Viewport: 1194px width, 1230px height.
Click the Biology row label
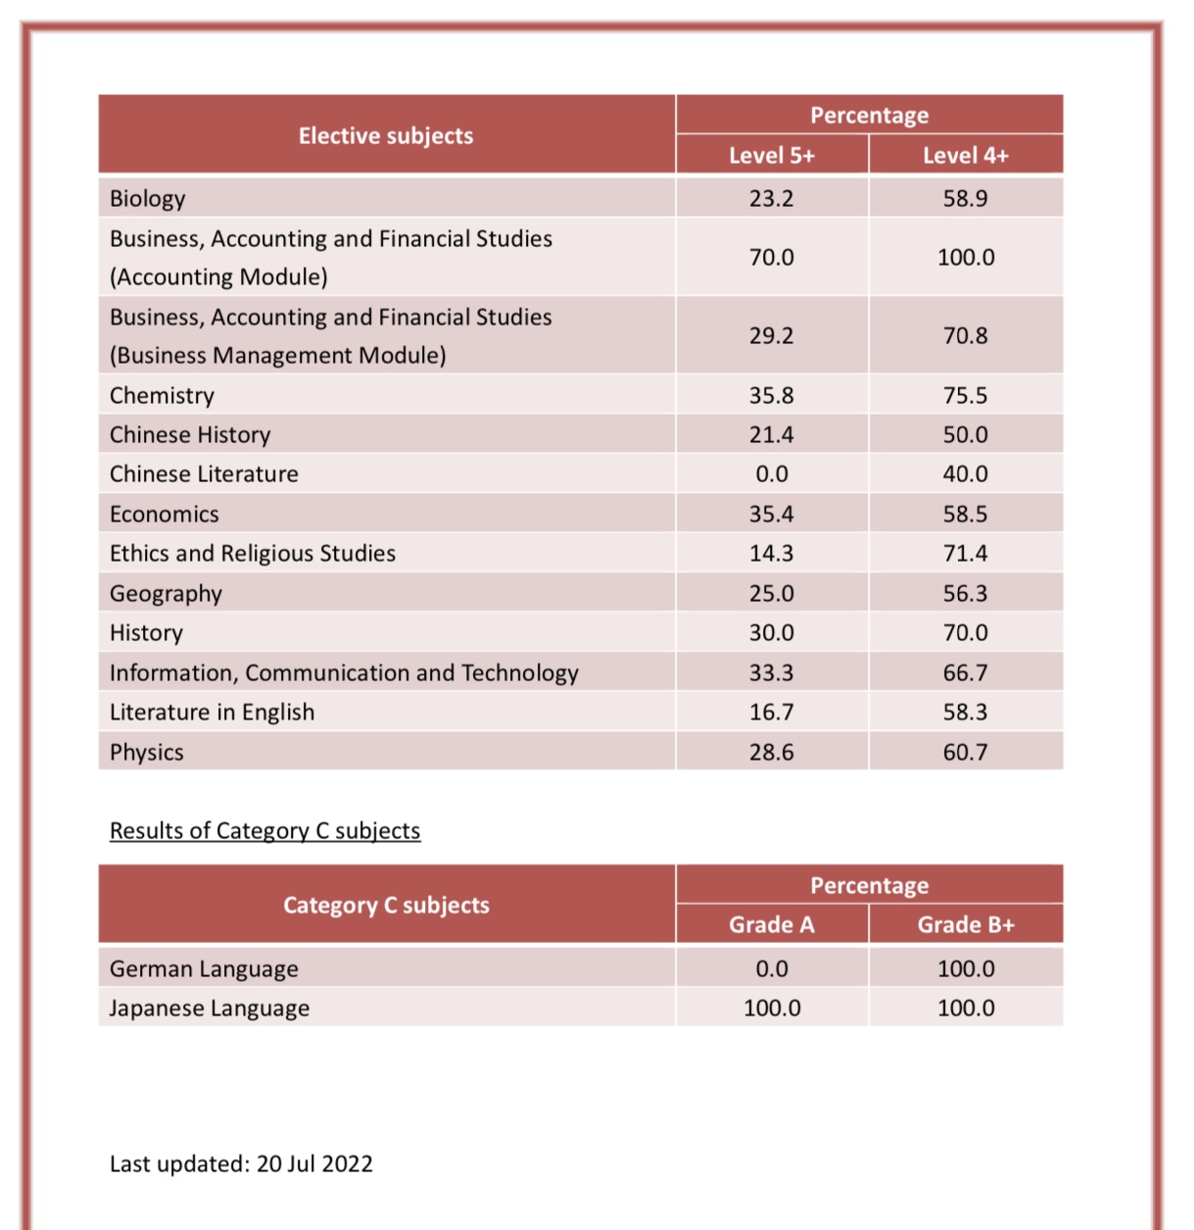pyautogui.click(x=147, y=199)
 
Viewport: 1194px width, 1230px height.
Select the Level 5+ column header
pyautogui.click(x=772, y=156)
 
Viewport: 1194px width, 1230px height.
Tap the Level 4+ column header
pyautogui.click(x=966, y=156)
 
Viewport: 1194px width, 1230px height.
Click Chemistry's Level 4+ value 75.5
pyautogui.click(x=965, y=396)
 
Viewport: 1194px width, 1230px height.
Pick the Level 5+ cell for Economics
pyautogui.click(x=772, y=515)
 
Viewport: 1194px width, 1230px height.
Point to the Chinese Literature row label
pyautogui.click(x=204, y=474)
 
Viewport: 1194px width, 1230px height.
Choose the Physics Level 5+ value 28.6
pyautogui.click(x=772, y=752)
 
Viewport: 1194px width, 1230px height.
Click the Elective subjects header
pyautogui.click(x=386, y=136)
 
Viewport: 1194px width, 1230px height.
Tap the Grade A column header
pyautogui.click(x=772, y=925)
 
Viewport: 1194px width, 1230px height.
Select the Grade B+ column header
pyautogui.click(x=966, y=925)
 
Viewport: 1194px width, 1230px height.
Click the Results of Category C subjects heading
pyautogui.click(x=264, y=831)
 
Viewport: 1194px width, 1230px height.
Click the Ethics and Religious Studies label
pyautogui.click(x=252, y=554)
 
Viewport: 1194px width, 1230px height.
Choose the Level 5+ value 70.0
pyautogui.click(x=772, y=258)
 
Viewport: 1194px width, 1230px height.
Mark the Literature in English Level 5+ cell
pyautogui.click(x=772, y=713)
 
